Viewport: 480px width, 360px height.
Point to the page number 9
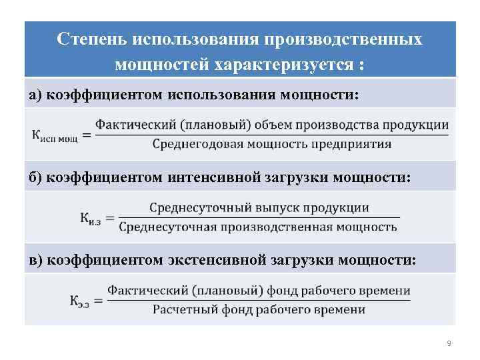coord(449,343)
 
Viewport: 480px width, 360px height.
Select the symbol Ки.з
coord(91,218)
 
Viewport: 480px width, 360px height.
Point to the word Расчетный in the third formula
coord(181,309)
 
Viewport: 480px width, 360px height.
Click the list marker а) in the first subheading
coord(35,95)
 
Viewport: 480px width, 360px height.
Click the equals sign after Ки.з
coord(111,217)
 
